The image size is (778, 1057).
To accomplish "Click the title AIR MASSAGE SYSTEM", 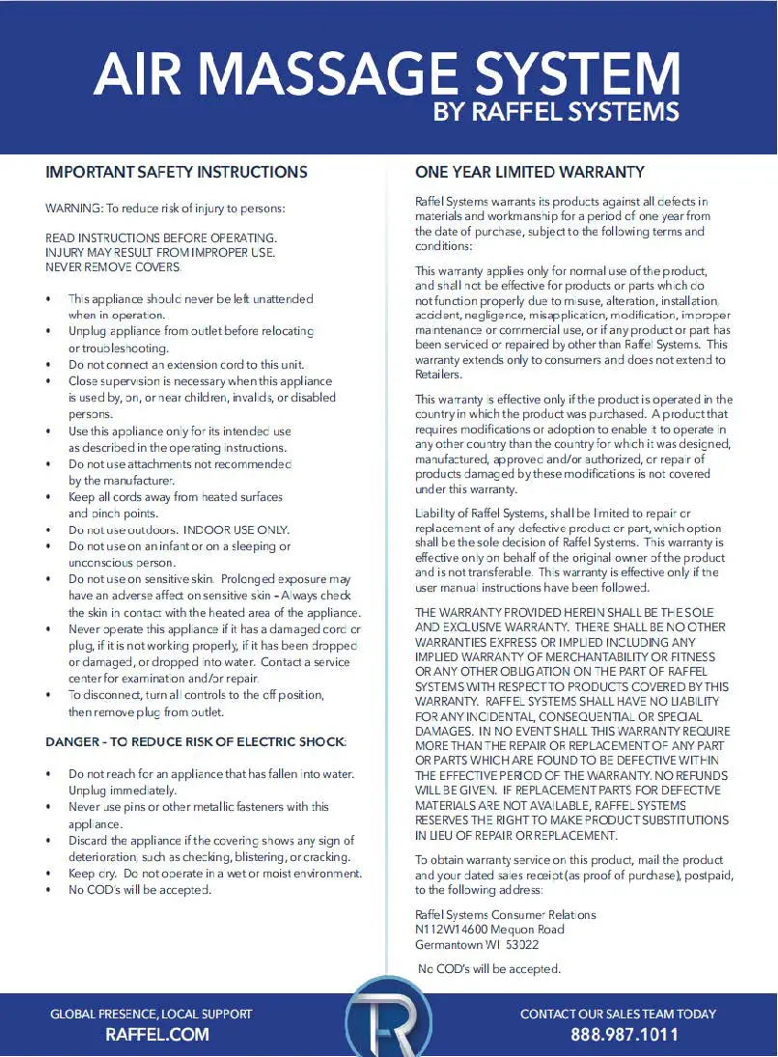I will click(387, 72).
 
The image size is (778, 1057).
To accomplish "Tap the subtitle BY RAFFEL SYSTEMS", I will click(556, 112).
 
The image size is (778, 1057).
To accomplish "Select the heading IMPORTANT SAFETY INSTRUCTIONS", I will click(177, 173).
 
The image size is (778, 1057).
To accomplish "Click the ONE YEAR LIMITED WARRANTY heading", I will click(529, 173).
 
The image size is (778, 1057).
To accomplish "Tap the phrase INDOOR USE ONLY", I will click(236, 530).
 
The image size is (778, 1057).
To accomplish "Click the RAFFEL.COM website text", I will click(156, 1035).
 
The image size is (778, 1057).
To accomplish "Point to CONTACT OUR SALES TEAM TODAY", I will click(618, 1014).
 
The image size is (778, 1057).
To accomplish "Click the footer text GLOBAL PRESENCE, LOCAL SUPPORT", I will click(152, 1014).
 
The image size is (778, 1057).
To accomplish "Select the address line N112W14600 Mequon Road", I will click(489, 930).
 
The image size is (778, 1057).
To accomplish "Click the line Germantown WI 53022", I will click(477, 945).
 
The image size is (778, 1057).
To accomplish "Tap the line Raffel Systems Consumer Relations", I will click(505, 914).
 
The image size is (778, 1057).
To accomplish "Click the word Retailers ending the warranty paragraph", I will click(438, 375).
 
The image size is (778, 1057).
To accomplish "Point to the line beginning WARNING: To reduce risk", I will click(165, 209).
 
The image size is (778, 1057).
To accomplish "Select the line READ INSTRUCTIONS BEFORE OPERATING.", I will click(161, 237).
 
